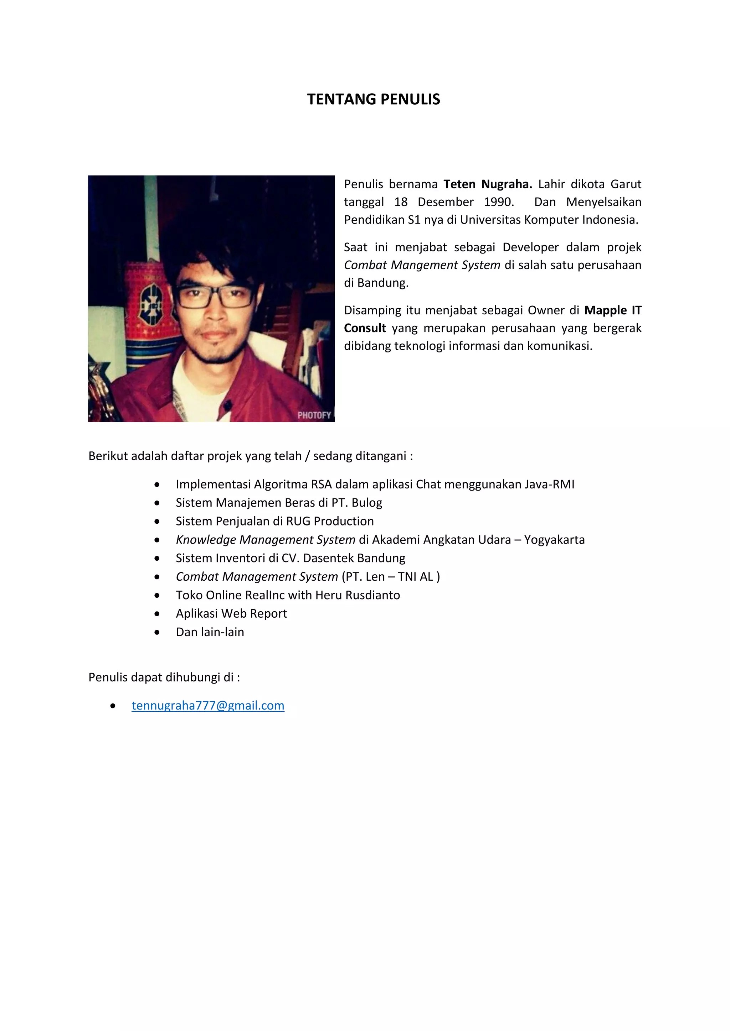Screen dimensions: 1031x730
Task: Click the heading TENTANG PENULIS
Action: click(x=374, y=99)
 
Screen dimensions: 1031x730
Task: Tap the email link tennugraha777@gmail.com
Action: click(x=208, y=706)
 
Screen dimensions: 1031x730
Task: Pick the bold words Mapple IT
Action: click(x=613, y=310)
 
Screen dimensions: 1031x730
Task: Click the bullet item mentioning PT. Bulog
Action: click(x=279, y=502)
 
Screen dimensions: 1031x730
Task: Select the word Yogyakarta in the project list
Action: click(x=554, y=539)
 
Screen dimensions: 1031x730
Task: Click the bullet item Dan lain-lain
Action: click(x=210, y=632)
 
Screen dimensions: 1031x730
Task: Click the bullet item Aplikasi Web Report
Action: click(x=231, y=613)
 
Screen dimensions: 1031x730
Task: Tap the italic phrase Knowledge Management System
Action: click(x=265, y=539)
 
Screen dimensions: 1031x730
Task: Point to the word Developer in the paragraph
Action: click(x=530, y=247)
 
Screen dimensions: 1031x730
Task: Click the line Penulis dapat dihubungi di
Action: click(x=164, y=677)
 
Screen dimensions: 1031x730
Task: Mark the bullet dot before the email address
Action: click(x=113, y=706)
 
